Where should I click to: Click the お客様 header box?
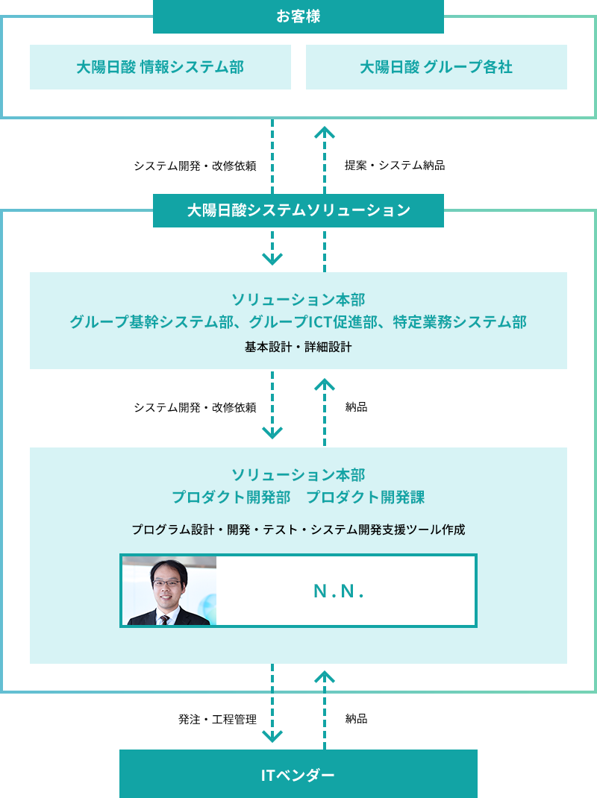298,16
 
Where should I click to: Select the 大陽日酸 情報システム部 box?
160,67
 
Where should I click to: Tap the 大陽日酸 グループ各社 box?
436,67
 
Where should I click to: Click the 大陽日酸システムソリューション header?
298,210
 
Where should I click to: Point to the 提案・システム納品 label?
395,166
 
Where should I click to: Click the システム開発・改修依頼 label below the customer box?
195,166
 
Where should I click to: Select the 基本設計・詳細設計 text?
298,347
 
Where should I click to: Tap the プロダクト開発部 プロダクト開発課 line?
298,497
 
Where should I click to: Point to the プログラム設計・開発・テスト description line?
298,530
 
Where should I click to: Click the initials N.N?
339,591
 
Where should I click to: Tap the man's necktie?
164,620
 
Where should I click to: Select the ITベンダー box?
298,774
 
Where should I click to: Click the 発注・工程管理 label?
217,720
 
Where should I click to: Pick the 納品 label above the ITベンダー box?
356,719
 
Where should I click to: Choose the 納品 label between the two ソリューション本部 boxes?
356,406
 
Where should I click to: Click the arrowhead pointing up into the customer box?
325,132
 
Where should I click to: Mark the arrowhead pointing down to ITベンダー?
272,736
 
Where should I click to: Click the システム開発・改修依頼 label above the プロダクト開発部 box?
195,408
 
